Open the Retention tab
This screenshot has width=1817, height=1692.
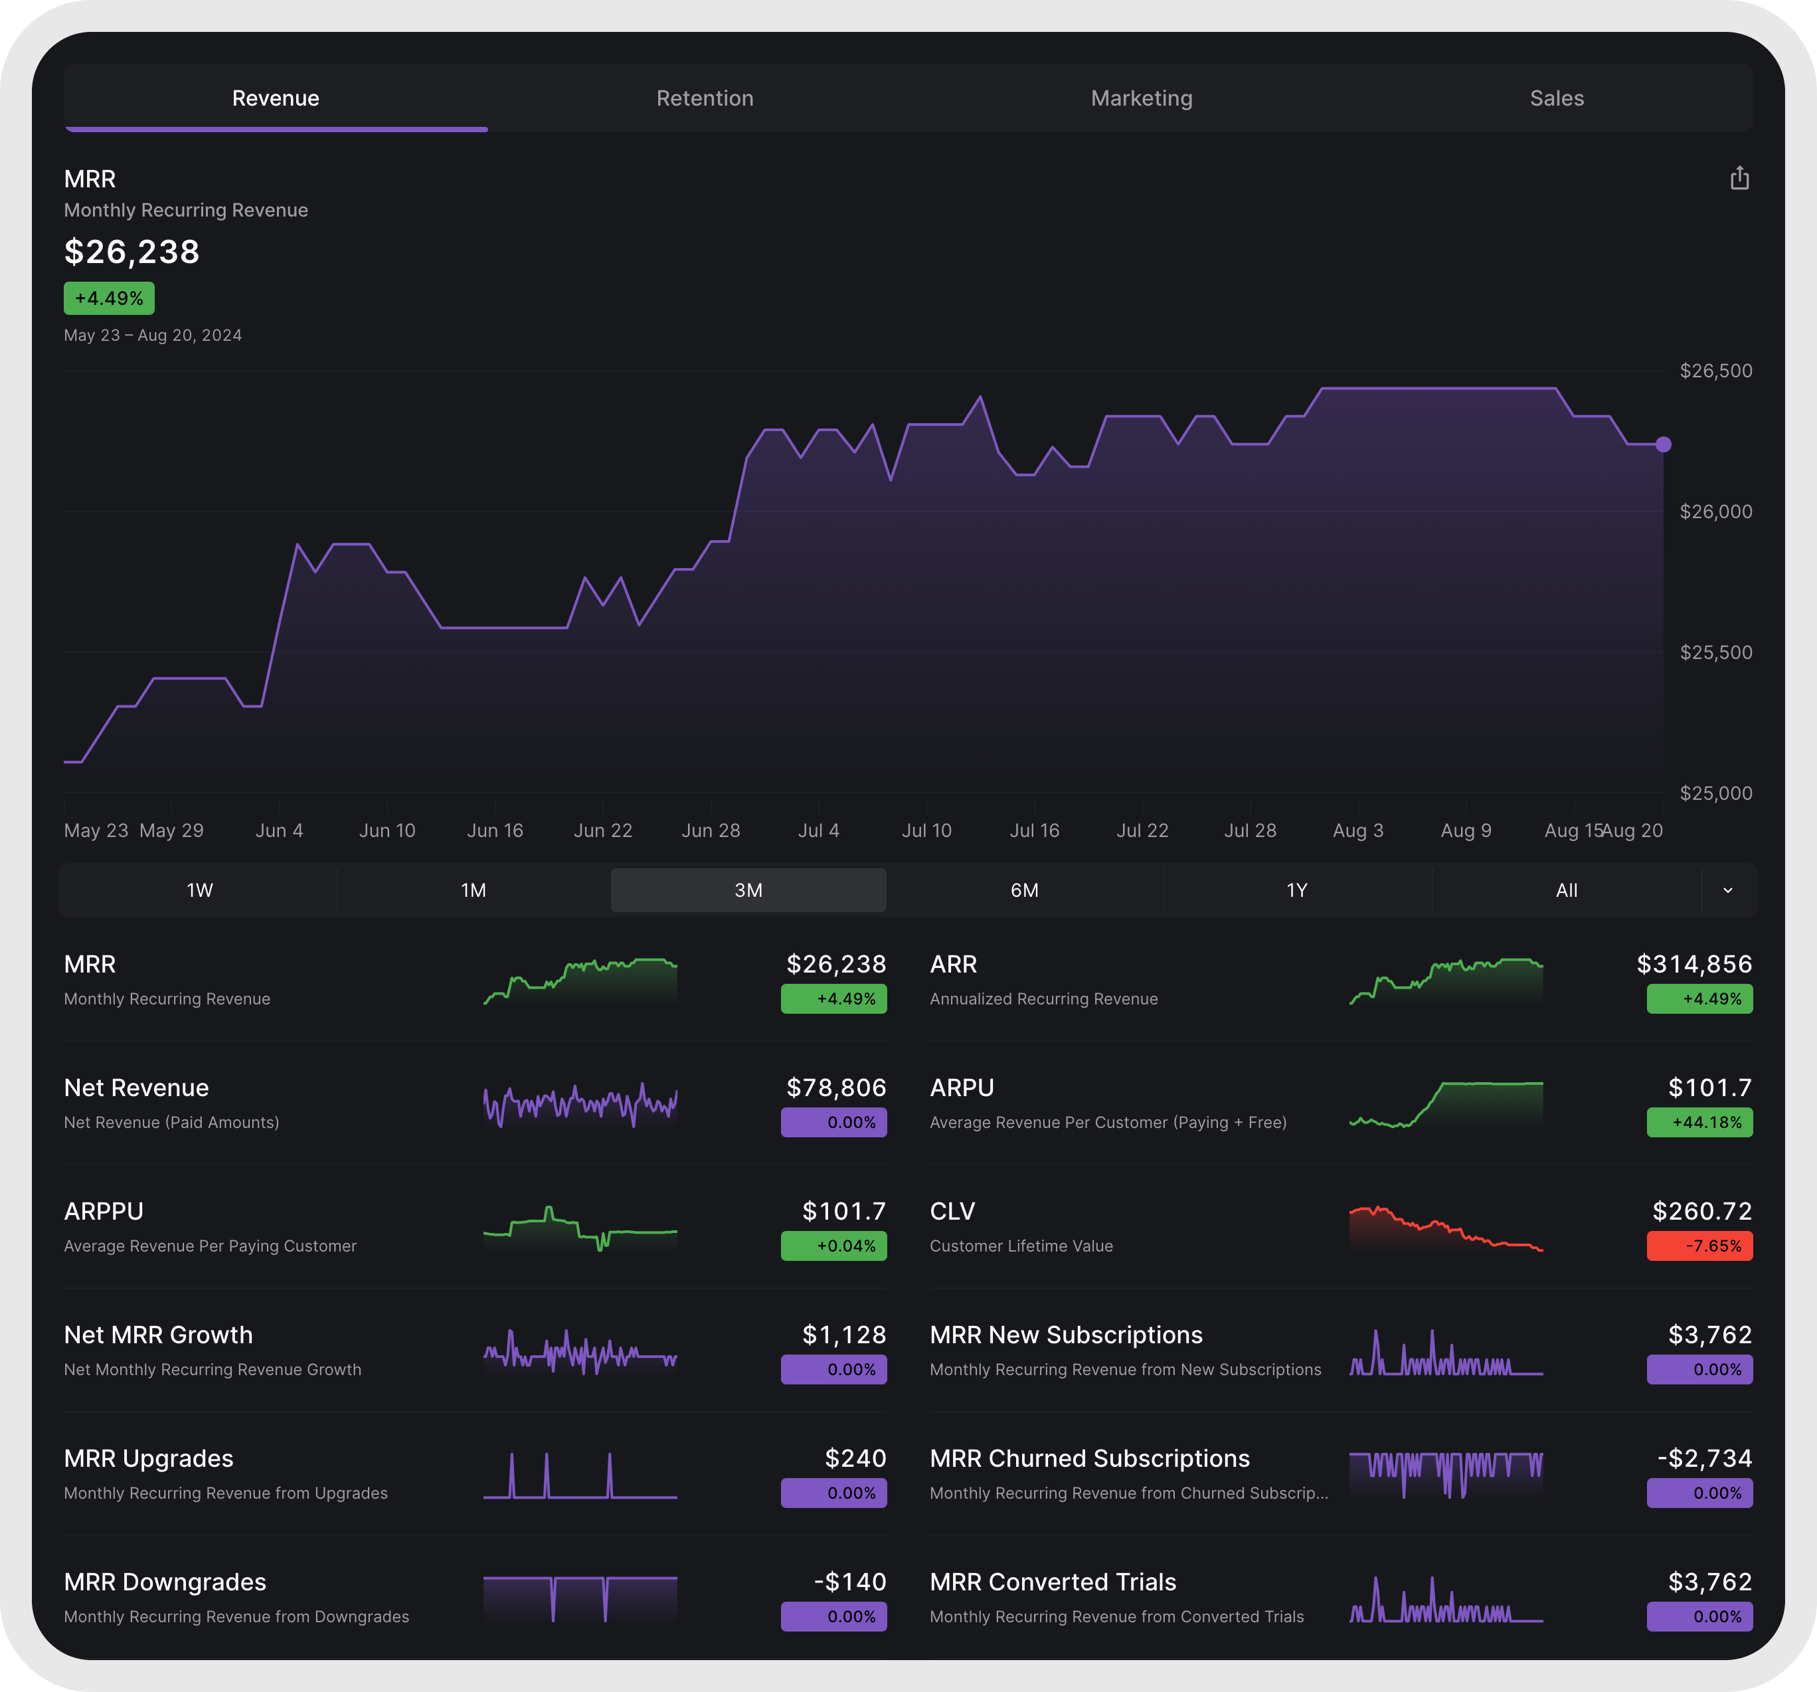pos(705,99)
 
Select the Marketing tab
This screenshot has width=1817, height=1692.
pos(1141,99)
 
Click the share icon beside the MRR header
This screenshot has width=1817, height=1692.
pos(1739,178)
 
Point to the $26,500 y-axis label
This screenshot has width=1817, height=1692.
pos(1715,371)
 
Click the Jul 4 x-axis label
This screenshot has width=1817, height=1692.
pos(818,830)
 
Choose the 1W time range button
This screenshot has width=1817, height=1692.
pos(199,890)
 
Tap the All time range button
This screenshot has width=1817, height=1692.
pos(1566,890)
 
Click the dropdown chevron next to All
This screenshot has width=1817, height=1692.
pos(1727,890)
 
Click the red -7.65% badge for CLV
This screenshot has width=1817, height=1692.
pos(1698,1246)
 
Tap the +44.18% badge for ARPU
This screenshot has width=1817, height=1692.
pos(1698,1123)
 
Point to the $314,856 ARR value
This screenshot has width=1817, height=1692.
pos(1693,965)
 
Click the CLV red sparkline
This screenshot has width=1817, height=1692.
pos(1445,1230)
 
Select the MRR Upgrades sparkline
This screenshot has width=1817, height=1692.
pos(580,1476)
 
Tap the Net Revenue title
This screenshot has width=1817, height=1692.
pos(136,1087)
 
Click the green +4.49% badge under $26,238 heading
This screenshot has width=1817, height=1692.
pos(109,299)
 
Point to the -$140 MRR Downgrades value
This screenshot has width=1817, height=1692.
pos(849,1582)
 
